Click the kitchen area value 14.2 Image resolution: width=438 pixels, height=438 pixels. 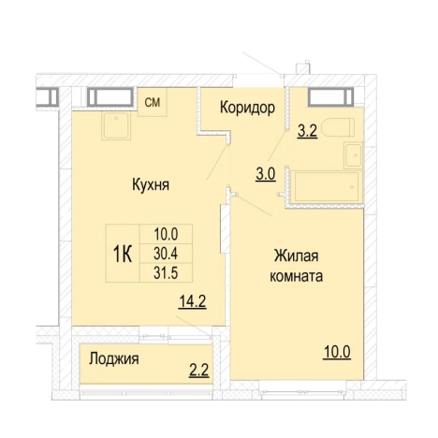(x=191, y=301)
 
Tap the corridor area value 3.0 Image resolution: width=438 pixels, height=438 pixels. (x=266, y=173)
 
